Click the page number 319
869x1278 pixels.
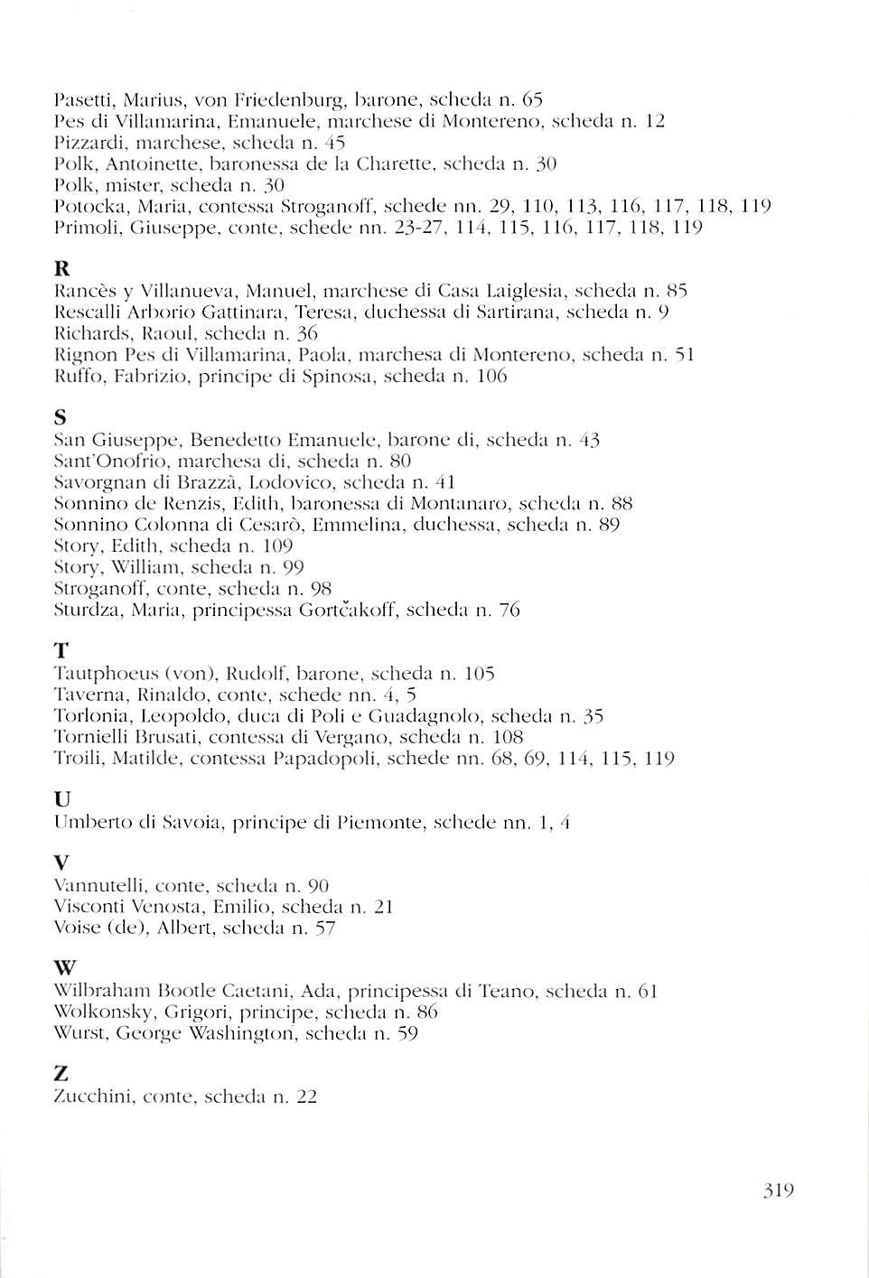778,1190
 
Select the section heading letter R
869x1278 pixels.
61,269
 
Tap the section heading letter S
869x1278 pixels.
60,418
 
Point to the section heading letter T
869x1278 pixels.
61,650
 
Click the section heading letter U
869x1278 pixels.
61,799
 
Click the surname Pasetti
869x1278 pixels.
77,97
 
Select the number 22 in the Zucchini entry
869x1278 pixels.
307,1097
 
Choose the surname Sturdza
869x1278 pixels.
79,611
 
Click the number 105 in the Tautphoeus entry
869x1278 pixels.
479,674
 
